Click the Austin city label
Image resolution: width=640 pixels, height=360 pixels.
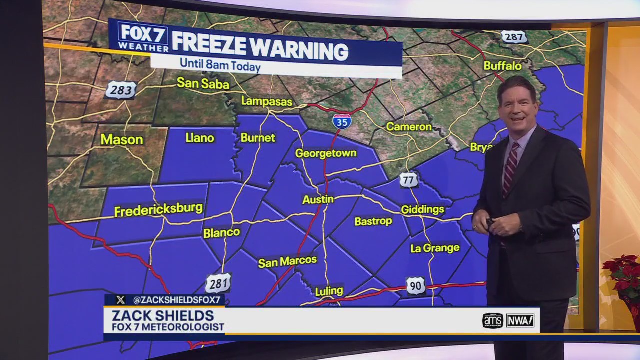coord(318,199)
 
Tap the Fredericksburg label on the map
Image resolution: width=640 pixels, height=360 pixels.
coord(158,210)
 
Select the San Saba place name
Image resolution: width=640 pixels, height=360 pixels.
coord(203,83)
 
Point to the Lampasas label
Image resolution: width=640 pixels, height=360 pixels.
coord(266,101)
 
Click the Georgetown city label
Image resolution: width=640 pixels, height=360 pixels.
coord(326,153)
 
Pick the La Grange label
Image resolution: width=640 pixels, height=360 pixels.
coord(435,248)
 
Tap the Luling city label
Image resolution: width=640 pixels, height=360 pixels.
coord(329,291)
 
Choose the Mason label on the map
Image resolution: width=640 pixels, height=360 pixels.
coord(122,139)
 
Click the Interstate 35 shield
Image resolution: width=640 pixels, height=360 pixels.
coord(342,121)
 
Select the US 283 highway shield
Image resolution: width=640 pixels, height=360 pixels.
coord(121,90)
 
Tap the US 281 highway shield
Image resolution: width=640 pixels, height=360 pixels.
coord(218,283)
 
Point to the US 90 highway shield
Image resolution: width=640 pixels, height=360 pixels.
coord(415,285)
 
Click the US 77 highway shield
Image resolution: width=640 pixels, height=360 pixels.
coord(408,180)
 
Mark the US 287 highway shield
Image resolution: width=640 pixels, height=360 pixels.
coord(514,37)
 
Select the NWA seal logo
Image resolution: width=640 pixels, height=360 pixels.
coord(520,320)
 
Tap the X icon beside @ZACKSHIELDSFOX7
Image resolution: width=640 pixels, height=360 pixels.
coord(120,300)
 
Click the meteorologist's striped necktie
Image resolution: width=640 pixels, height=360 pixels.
coord(510,168)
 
